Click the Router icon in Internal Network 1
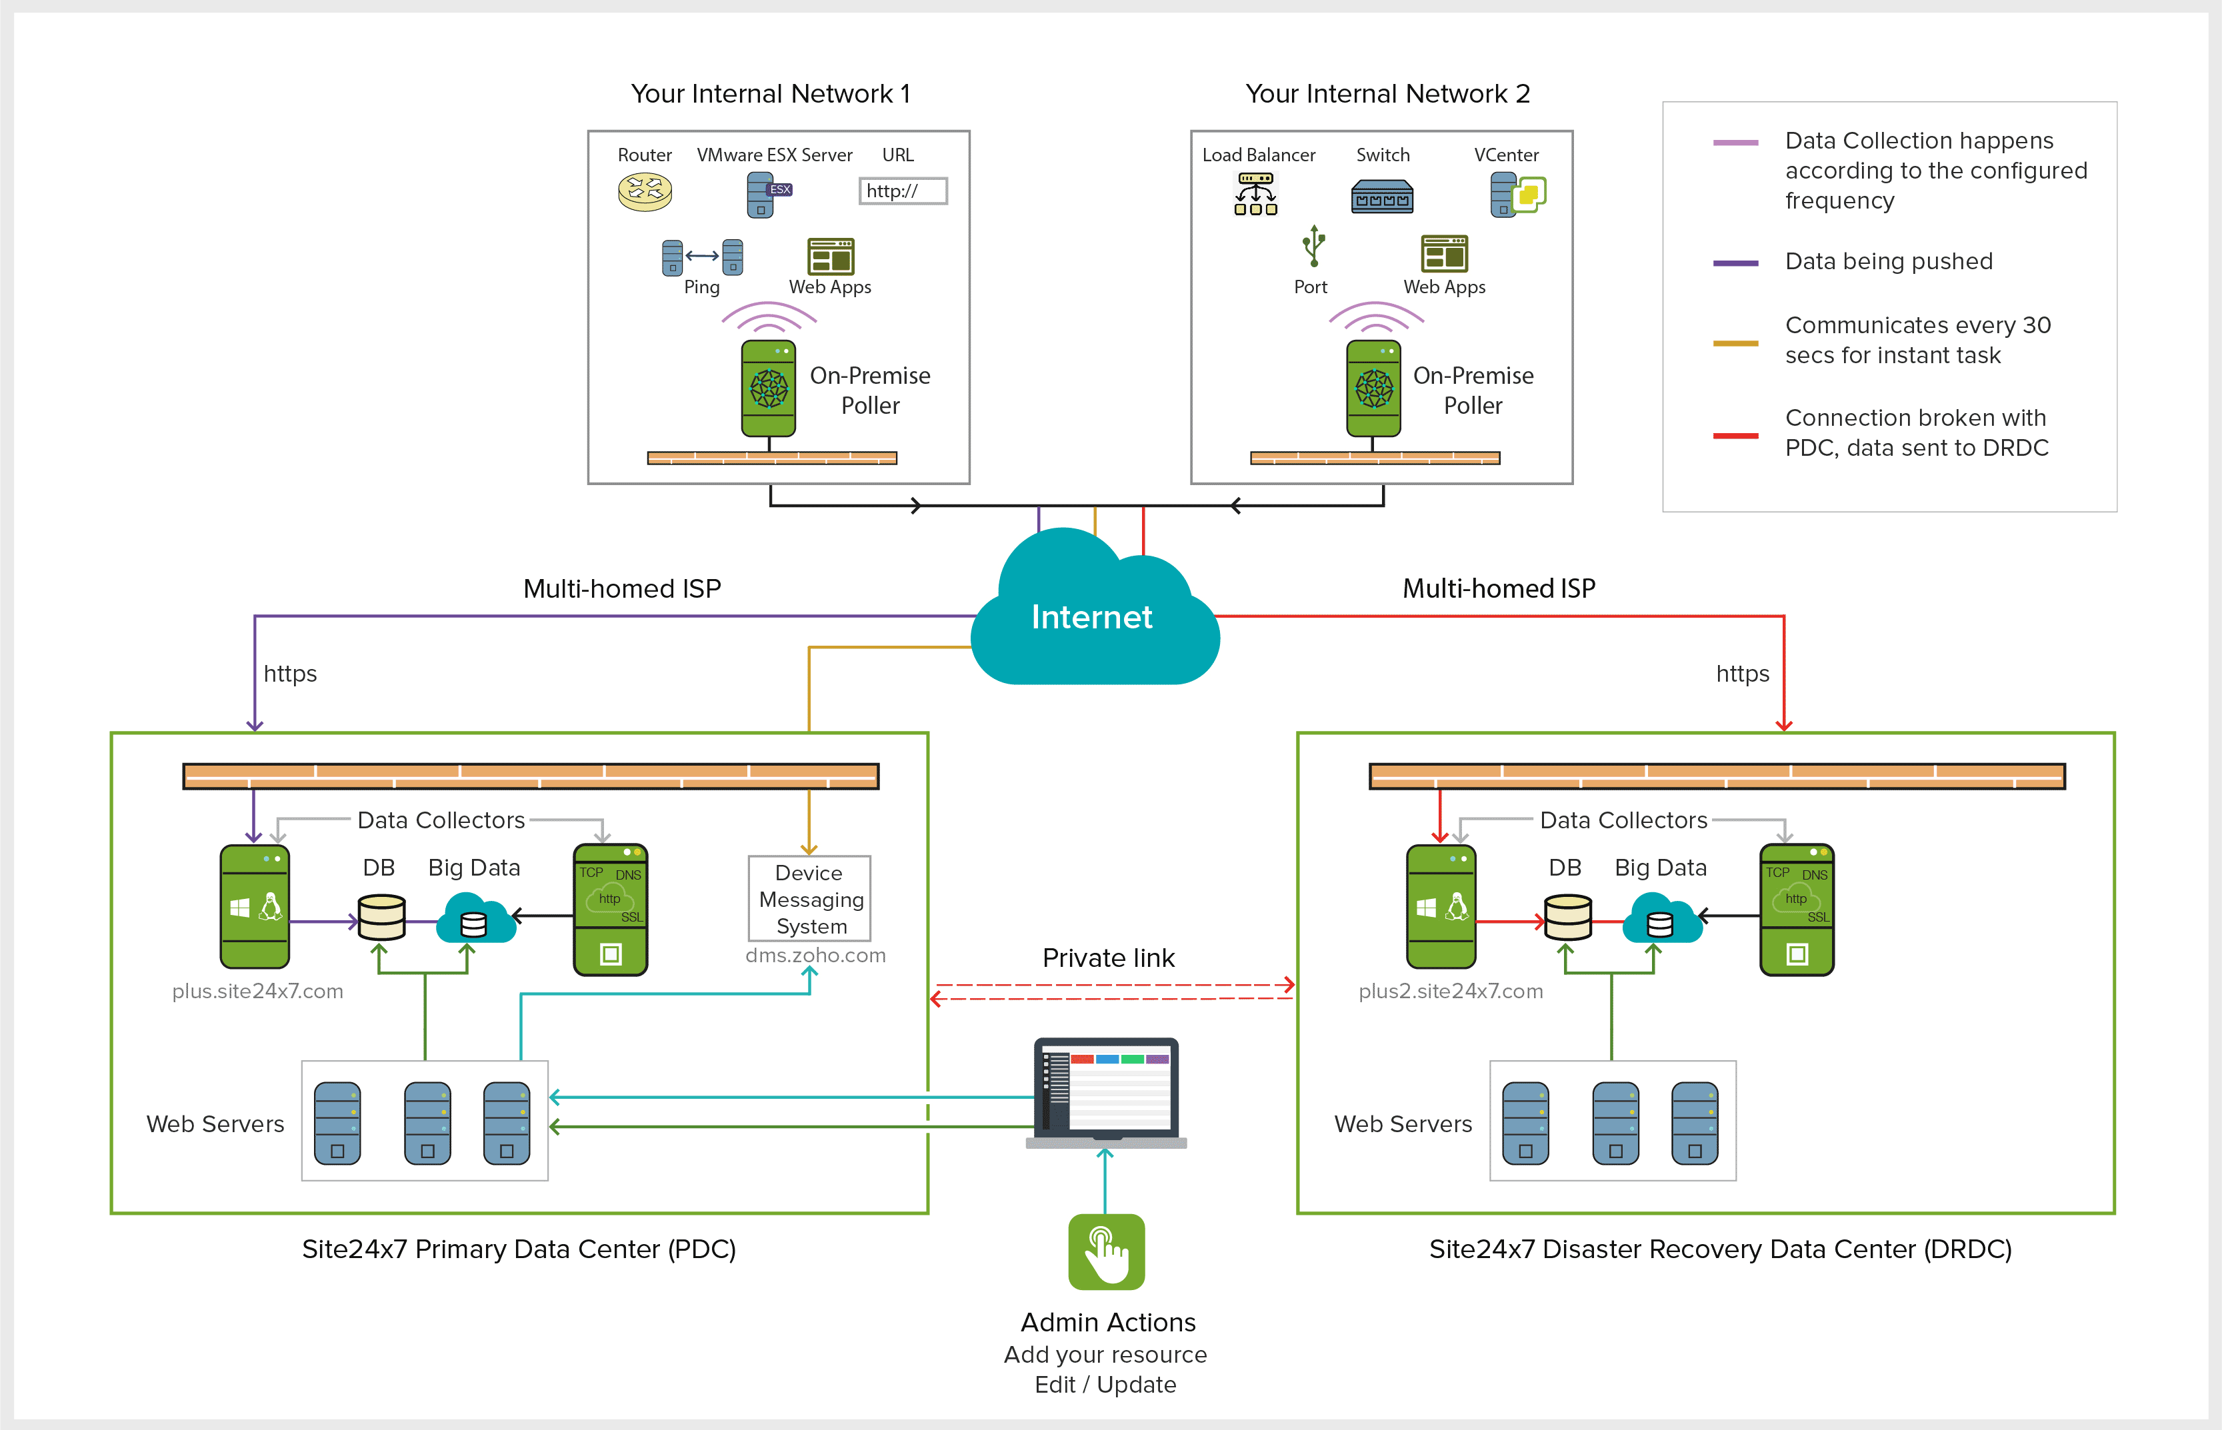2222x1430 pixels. point(645,192)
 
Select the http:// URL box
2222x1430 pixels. point(902,191)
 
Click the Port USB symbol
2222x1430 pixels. point(1313,246)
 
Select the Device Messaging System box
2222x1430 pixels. point(809,899)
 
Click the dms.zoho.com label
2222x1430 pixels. point(815,956)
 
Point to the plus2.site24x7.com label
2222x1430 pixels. point(1450,991)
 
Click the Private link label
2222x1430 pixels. point(1108,958)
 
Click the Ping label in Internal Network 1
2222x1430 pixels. point(701,287)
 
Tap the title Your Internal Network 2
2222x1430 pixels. point(1387,94)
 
